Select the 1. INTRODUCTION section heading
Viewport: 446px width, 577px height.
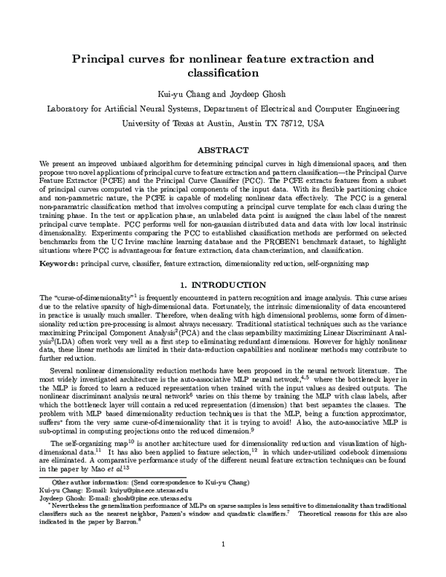click(x=223, y=286)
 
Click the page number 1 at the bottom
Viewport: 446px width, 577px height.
click(x=223, y=566)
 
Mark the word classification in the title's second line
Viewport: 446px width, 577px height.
click(x=223, y=73)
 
